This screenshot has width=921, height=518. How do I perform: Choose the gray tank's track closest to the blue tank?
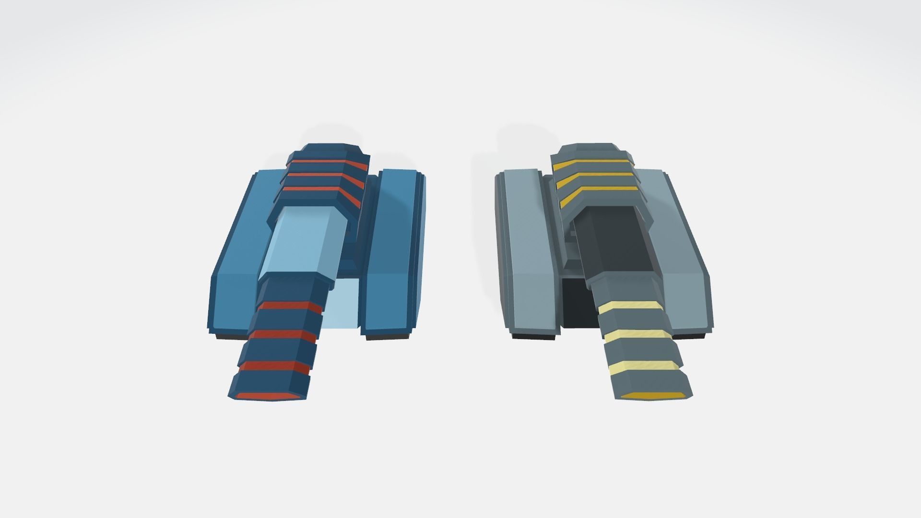tap(528, 254)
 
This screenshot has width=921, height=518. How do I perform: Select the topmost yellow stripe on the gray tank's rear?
tap(590, 166)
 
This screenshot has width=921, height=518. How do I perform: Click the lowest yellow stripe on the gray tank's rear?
tap(595, 197)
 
